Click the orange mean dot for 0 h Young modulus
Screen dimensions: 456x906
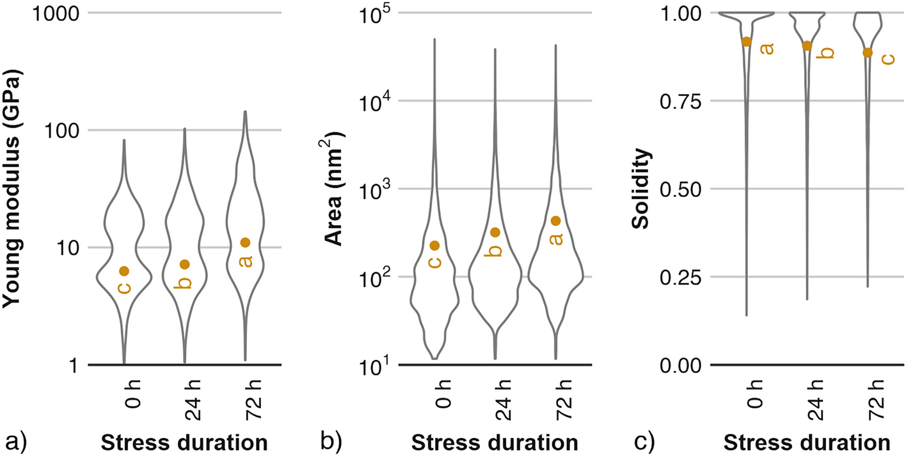(x=124, y=271)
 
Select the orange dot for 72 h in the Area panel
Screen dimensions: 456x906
(x=555, y=221)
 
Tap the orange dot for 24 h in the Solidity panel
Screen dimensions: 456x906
(x=807, y=45)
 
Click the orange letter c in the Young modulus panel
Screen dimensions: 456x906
(x=124, y=288)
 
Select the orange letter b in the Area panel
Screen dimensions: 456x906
(x=493, y=250)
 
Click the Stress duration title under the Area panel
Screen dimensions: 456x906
(x=494, y=443)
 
